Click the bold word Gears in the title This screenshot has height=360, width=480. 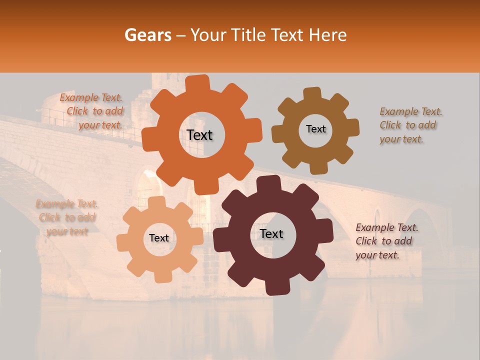pyautogui.click(x=147, y=35)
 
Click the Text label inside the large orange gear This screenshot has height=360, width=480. pyautogui.click(x=199, y=135)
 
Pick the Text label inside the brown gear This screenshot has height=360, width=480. pyautogui.click(x=315, y=129)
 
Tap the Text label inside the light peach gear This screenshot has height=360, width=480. pyautogui.click(x=159, y=238)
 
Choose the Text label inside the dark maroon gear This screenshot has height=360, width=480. pyautogui.click(x=271, y=233)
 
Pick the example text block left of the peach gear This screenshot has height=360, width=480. pyautogui.click(x=67, y=217)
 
